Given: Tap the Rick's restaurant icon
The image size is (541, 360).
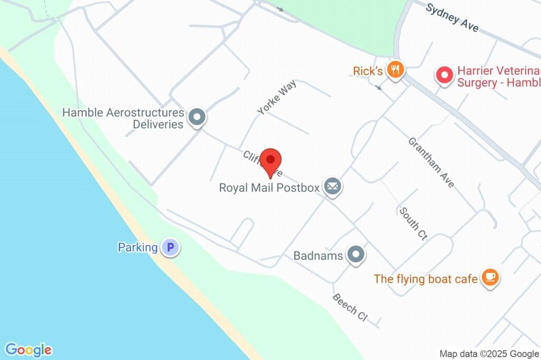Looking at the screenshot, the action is (395, 69).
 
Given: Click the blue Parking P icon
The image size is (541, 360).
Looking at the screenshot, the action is (170, 247).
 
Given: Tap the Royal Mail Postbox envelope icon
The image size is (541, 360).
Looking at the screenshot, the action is (332, 187).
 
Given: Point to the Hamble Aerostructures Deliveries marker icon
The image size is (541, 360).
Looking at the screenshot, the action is (198, 117).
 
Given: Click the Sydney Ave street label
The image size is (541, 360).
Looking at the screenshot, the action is (452, 17).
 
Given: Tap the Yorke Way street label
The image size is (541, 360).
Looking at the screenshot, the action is (276, 97).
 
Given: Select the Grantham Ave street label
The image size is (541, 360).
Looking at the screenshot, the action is (431, 162).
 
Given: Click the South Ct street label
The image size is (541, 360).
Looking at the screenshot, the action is (413, 224).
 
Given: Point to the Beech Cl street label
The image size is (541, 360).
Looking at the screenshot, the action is (349, 307).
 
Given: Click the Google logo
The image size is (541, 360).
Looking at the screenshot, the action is (29, 349).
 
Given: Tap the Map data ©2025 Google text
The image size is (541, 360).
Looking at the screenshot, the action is (489, 354).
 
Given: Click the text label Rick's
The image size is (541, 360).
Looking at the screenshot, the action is (368, 70).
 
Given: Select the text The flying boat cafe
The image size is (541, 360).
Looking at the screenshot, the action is (426, 279).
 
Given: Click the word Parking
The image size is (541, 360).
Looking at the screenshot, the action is (137, 247).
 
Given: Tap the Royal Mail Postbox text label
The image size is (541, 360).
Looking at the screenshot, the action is (269, 187).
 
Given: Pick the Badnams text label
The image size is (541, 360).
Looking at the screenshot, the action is (319, 256).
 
